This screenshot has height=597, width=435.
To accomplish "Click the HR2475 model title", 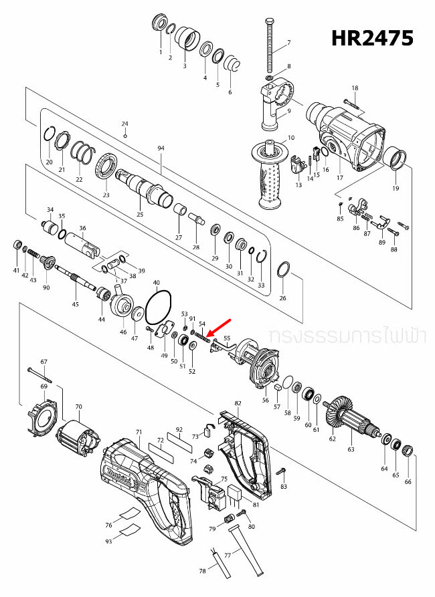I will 373,38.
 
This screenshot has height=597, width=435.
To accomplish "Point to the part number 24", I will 124,124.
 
